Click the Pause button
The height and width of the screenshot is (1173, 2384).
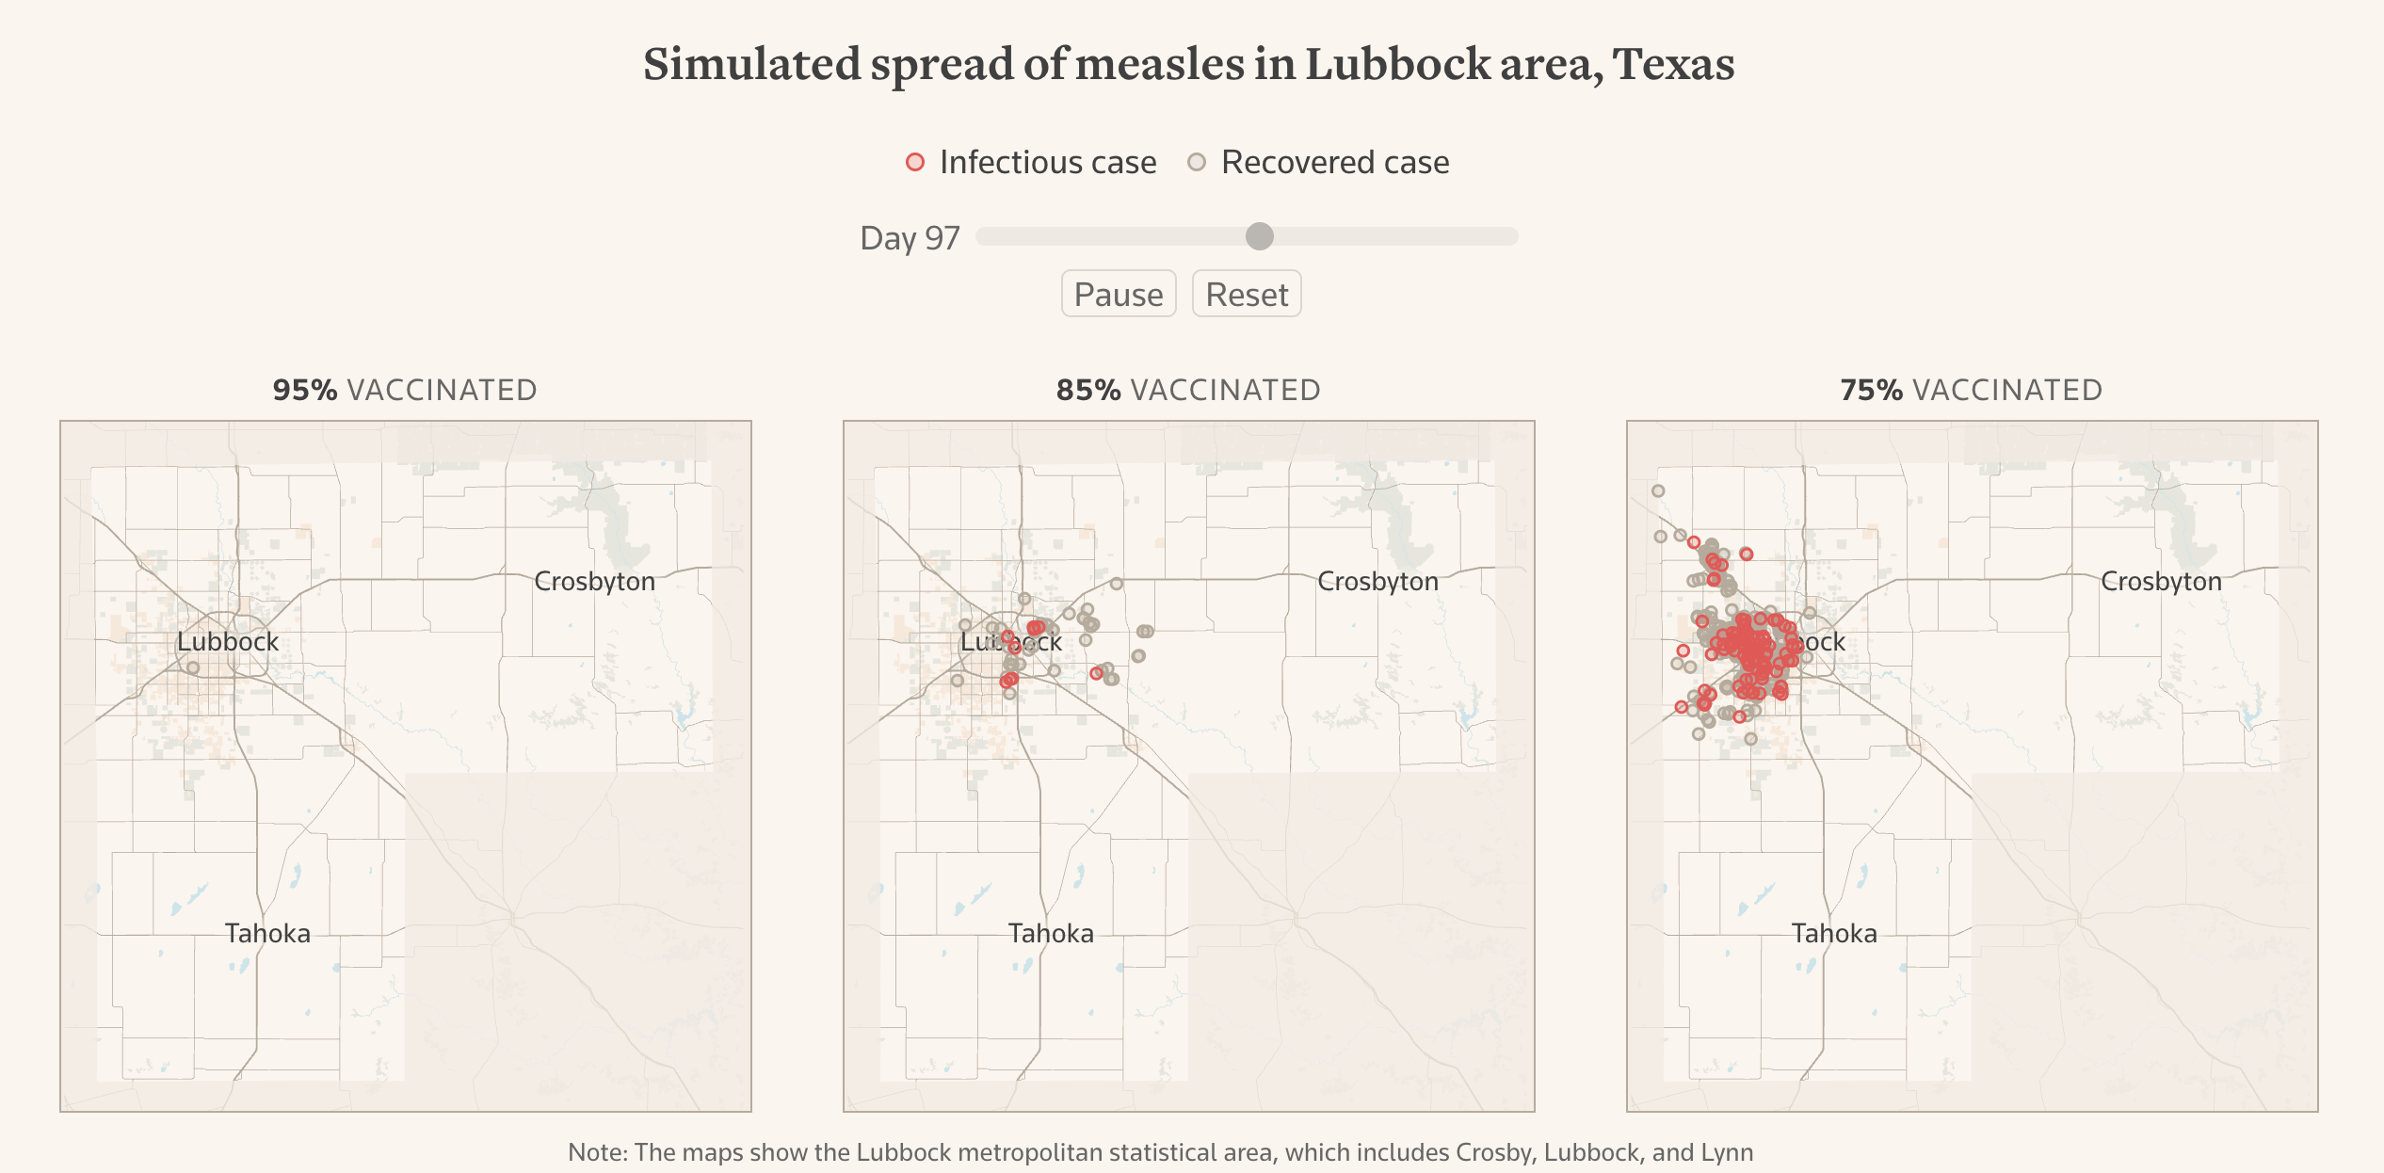click(x=1118, y=295)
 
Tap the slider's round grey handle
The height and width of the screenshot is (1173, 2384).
click(x=1259, y=236)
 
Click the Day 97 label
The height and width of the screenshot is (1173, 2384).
click(x=909, y=238)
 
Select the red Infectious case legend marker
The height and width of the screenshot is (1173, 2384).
click(x=914, y=162)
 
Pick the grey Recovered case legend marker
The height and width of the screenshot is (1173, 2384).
click(x=1196, y=162)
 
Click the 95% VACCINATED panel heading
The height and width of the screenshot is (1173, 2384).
click(x=405, y=390)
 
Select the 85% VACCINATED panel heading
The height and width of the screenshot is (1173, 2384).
click(x=1188, y=390)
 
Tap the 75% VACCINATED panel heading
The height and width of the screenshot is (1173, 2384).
click(x=1972, y=390)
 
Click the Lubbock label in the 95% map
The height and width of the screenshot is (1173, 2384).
click(x=228, y=641)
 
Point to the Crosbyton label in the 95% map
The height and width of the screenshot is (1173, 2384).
click(x=594, y=581)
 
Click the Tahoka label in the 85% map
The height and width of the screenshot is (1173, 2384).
click(x=1051, y=933)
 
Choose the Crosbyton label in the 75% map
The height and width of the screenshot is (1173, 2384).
click(x=2161, y=581)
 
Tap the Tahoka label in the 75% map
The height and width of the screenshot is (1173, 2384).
click(x=1834, y=933)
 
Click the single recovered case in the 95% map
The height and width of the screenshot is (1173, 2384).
click(x=193, y=667)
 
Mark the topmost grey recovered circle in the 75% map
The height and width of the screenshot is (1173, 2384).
click(x=1658, y=490)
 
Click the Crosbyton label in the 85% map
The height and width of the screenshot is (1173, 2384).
click(x=1377, y=581)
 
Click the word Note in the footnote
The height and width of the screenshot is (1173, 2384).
click(x=594, y=1152)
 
